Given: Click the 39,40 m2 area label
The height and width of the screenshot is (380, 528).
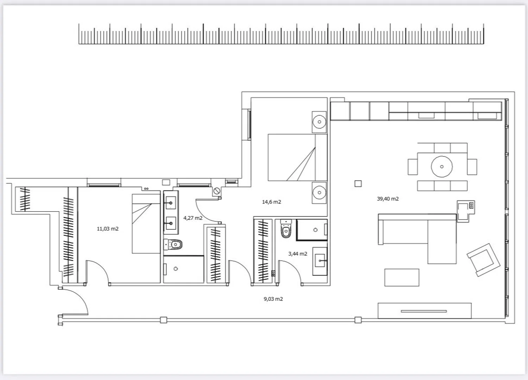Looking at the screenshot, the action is pos(388,199).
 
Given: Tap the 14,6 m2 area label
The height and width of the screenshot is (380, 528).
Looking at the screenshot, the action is pos(271,202).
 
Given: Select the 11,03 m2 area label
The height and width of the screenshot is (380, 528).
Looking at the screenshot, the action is pos(108,229).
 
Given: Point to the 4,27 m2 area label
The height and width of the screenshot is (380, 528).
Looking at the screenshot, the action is pos(193,218).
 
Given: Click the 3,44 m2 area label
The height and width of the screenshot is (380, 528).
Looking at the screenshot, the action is pos(298,254).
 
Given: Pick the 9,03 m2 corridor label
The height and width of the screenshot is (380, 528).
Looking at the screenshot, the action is pos(273,299).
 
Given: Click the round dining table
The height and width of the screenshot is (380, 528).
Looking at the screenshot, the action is pos(442,167).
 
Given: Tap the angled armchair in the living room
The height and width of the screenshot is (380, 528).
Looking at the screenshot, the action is pos(483,260).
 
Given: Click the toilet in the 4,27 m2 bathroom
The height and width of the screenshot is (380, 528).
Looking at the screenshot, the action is pos(173,245).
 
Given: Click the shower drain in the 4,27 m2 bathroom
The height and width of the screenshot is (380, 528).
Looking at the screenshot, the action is pos(176,269).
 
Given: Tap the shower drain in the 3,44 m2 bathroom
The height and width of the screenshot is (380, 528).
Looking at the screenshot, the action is pos(315,230).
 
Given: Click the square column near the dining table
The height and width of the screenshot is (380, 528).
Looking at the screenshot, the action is pos(358,183).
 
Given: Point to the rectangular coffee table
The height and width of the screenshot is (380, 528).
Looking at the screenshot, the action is pos(402,278).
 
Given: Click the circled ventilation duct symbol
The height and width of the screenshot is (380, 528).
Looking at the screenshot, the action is pos(216,191).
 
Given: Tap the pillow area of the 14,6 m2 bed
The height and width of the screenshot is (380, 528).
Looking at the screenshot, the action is pos(321,157).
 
